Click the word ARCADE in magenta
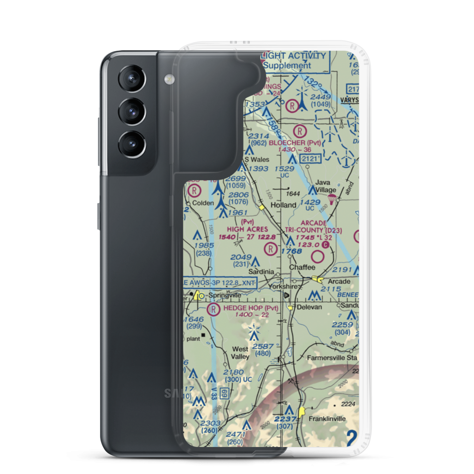(x=313, y=223)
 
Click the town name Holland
(x=283, y=205)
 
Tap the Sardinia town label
(x=262, y=272)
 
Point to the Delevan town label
(x=309, y=307)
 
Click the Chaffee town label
(x=302, y=267)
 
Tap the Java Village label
(x=326, y=186)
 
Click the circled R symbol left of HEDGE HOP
(x=214, y=310)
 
